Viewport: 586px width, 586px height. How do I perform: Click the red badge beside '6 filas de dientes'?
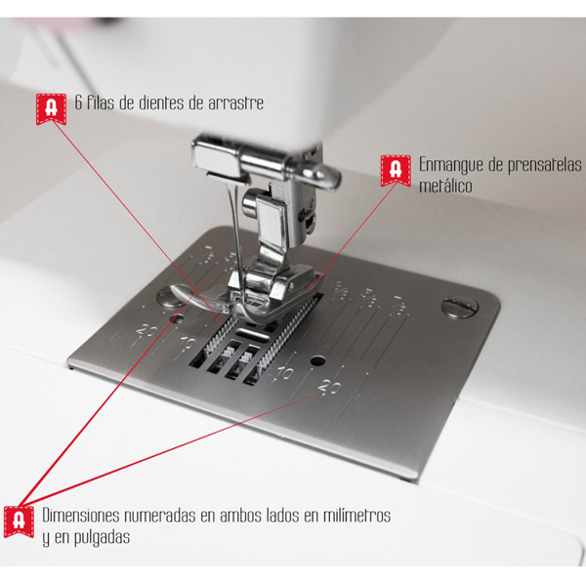tap(51, 108)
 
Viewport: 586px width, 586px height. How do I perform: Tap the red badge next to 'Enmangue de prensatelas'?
tap(396, 170)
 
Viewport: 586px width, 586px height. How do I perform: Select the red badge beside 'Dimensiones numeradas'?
tap(19, 522)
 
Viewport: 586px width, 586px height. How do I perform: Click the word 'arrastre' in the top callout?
tap(235, 104)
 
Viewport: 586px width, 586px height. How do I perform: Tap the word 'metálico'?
tap(445, 186)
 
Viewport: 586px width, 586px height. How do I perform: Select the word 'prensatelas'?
tap(542, 165)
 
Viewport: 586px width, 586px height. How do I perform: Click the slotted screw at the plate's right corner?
tap(460, 307)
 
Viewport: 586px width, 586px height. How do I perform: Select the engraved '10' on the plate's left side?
tap(188, 343)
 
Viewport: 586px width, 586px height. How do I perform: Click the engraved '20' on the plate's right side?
tap(329, 387)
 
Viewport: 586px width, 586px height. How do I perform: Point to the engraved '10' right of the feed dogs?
tap(285, 373)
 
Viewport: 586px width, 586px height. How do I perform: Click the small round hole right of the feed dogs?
tap(317, 360)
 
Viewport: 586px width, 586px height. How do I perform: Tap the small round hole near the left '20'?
tap(176, 318)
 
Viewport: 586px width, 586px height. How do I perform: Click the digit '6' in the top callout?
tap(78, 103)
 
